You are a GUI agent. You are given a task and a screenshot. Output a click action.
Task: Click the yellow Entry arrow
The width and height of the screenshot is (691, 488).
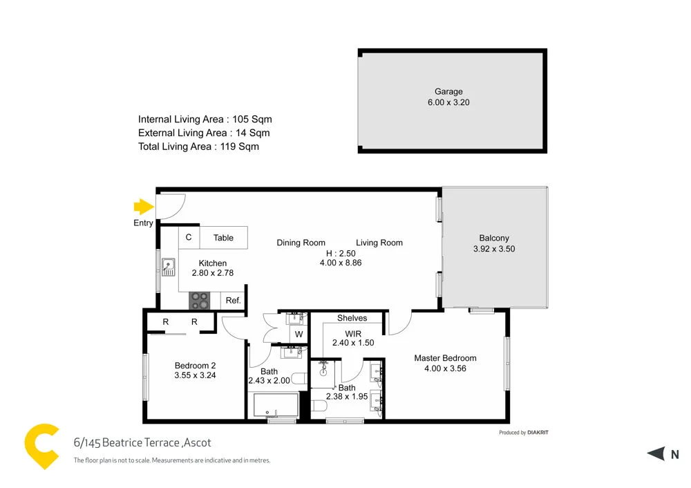(143, 207)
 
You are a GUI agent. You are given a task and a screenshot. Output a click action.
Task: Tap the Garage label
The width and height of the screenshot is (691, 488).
(448, 91)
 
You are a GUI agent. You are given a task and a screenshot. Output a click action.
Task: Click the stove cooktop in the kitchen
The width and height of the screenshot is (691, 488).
(200, 300)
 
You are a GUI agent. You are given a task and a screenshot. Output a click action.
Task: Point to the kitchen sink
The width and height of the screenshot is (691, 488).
(168, 266)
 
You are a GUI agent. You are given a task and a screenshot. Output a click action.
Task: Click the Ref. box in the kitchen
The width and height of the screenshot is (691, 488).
(233, 301)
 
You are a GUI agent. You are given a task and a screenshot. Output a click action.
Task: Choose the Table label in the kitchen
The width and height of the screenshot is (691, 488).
(223, 238)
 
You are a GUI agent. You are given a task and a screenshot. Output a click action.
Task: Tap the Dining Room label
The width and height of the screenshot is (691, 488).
(301, 243)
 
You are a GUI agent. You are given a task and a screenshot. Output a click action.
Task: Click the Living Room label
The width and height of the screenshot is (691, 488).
(379, 243)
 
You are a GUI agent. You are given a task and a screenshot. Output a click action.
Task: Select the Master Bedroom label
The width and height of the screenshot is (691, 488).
(445, 358)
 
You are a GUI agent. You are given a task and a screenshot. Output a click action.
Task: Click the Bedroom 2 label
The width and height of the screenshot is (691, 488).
(196, 366)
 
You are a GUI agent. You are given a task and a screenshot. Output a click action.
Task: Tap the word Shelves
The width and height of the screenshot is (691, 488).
(352, 318)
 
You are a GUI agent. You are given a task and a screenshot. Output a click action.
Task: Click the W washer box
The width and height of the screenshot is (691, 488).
(299, 335)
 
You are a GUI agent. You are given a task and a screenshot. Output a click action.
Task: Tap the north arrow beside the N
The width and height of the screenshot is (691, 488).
(655, 454)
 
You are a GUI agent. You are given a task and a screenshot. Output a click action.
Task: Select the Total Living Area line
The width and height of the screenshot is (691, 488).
(198, 147)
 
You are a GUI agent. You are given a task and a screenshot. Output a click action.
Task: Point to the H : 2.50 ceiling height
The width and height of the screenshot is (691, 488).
(341, 253)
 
